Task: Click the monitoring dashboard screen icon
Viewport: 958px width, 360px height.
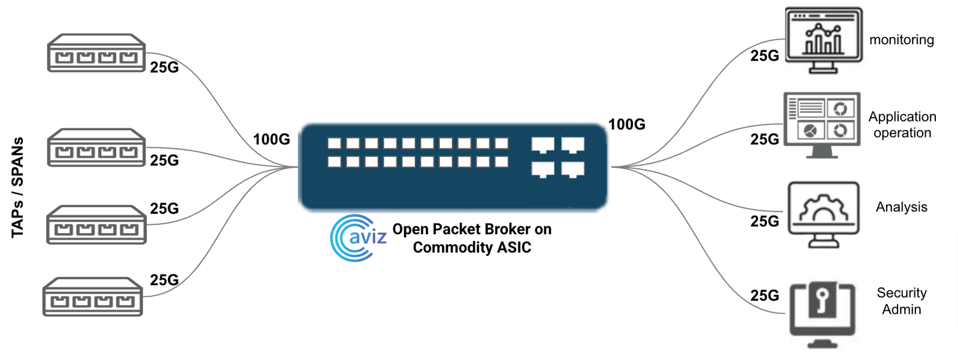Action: click(823, 40)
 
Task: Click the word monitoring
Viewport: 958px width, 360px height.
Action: click(901, 40)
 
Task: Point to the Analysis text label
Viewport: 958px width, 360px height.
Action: click(901, 207)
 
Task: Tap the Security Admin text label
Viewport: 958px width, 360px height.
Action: click(901, 301)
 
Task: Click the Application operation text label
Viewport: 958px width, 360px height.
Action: click(902, 125)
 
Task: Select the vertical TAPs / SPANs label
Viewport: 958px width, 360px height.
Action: click(18, 187)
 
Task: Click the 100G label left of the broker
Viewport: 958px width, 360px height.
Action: click(271, 140)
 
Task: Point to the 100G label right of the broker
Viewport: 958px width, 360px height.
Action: click(626, 125)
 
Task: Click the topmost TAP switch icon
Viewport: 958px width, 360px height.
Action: click(96, 53)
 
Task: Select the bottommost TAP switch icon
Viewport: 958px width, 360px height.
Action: click(93, 297)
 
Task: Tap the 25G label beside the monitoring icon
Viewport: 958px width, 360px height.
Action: click(765, 56)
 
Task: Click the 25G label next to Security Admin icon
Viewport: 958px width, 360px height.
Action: click(765, 296)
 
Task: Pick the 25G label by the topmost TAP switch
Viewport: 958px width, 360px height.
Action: click(164, 68)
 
